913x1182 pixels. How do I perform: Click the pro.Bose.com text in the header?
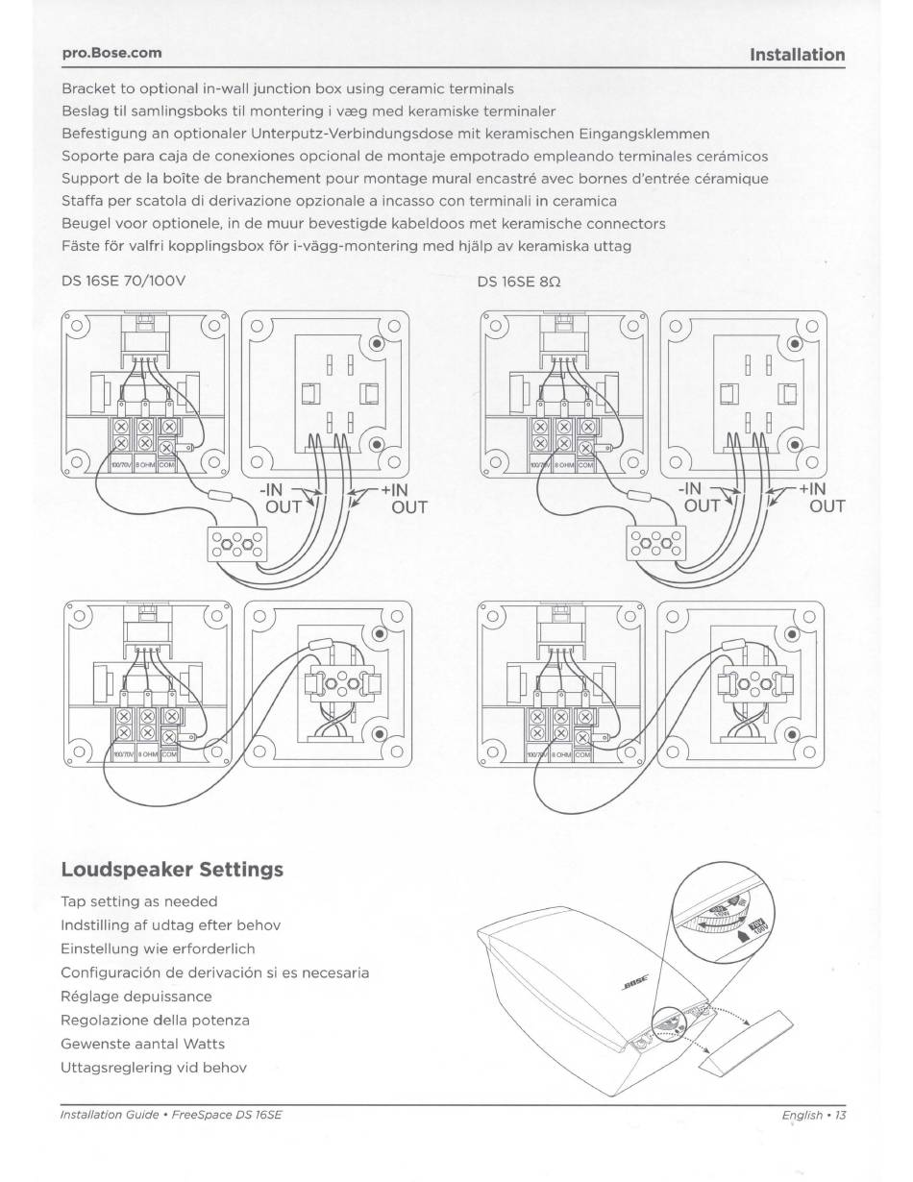click(111, 52)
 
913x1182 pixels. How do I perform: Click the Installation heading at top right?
click(798, 55)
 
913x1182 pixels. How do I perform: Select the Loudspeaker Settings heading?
click(172, 870)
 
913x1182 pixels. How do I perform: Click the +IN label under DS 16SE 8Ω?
click(812, 489)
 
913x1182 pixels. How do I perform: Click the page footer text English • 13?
click(814, 1116)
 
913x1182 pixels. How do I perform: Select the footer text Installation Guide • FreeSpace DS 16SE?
click(172, 1116)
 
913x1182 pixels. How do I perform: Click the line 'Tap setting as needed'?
click(139, 901)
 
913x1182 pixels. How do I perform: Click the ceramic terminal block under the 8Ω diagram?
click(655, 545)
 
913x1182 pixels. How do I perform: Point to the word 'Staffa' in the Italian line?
click(84, 201)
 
